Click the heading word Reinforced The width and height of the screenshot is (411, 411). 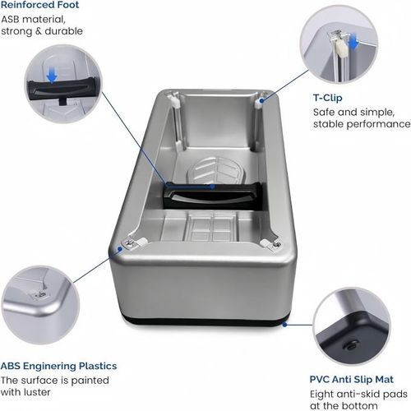pos(30,5)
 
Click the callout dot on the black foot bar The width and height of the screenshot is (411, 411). pos(215,186)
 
